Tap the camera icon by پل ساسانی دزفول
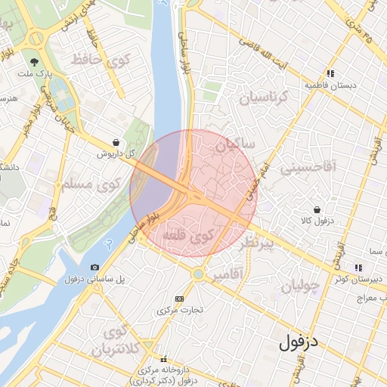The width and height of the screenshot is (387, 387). point(94,267)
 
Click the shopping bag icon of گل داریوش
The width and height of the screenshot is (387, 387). point(115,141)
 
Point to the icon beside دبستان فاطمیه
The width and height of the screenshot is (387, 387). point(330,73)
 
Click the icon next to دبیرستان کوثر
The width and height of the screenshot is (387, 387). point(357,267)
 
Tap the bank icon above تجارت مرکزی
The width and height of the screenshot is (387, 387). point(179,299)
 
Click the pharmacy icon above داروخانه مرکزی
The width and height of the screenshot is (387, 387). point(163,359)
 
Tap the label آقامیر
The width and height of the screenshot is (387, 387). point(228,276)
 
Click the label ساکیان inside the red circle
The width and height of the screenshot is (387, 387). point(236,143)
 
